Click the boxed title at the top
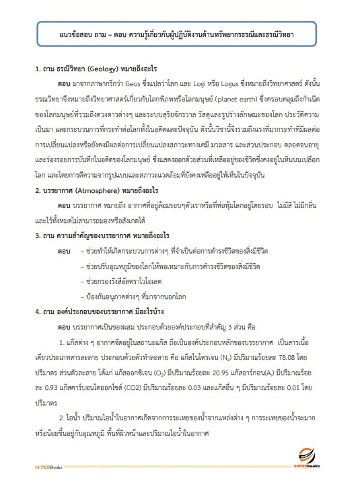180,32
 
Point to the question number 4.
37,312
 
